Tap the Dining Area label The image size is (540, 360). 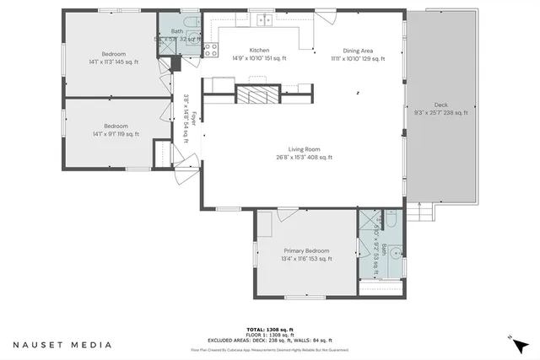[x=358, y=54]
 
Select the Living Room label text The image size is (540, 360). [x=304, y=153]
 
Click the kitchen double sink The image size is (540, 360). [x=266, y=19]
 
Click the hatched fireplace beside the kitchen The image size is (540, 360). [x=256, y=94]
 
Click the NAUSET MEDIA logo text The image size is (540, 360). [x=61, y=345]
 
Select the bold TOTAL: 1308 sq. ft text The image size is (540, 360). [x=269, y=329]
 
